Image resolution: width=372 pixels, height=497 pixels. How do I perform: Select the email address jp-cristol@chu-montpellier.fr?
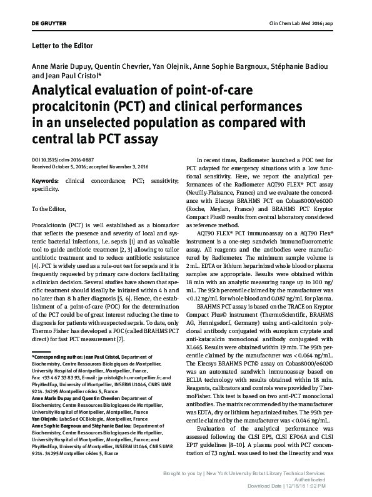pos(122,379)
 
